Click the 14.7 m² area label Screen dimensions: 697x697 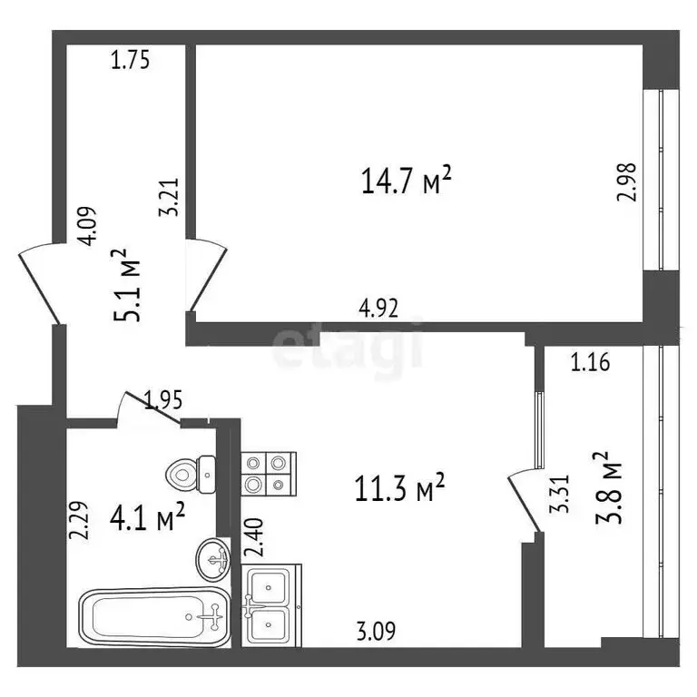click(x=406, y=182)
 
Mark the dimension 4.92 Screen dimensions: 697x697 click(x=378, y=307)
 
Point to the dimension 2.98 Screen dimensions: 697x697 click(x=626, y=181)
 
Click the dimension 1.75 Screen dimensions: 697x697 click(x=130, y=61)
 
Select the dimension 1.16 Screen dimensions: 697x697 click(x=589, y=364)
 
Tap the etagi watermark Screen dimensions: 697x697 click(x=348, y=347)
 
